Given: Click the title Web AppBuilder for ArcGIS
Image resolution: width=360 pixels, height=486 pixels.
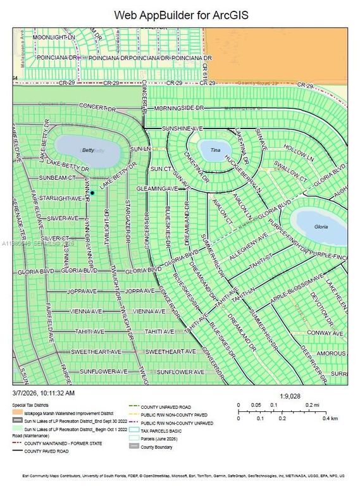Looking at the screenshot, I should click(180, 14).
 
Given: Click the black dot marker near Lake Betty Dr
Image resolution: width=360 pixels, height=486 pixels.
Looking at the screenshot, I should click(92, 192).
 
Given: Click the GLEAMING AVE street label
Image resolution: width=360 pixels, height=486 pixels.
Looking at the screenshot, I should click(156, 189).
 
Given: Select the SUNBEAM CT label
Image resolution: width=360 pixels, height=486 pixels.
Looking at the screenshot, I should click(57, 178).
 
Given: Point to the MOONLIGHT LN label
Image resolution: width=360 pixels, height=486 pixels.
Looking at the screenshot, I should click(53, 38).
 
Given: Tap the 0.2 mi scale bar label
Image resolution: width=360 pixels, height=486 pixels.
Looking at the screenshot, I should click(312, 404).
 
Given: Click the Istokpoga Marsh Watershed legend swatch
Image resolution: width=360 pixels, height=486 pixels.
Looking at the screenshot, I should click(18, 412).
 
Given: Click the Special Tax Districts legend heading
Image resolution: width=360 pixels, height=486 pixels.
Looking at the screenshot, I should click(32, 404).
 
